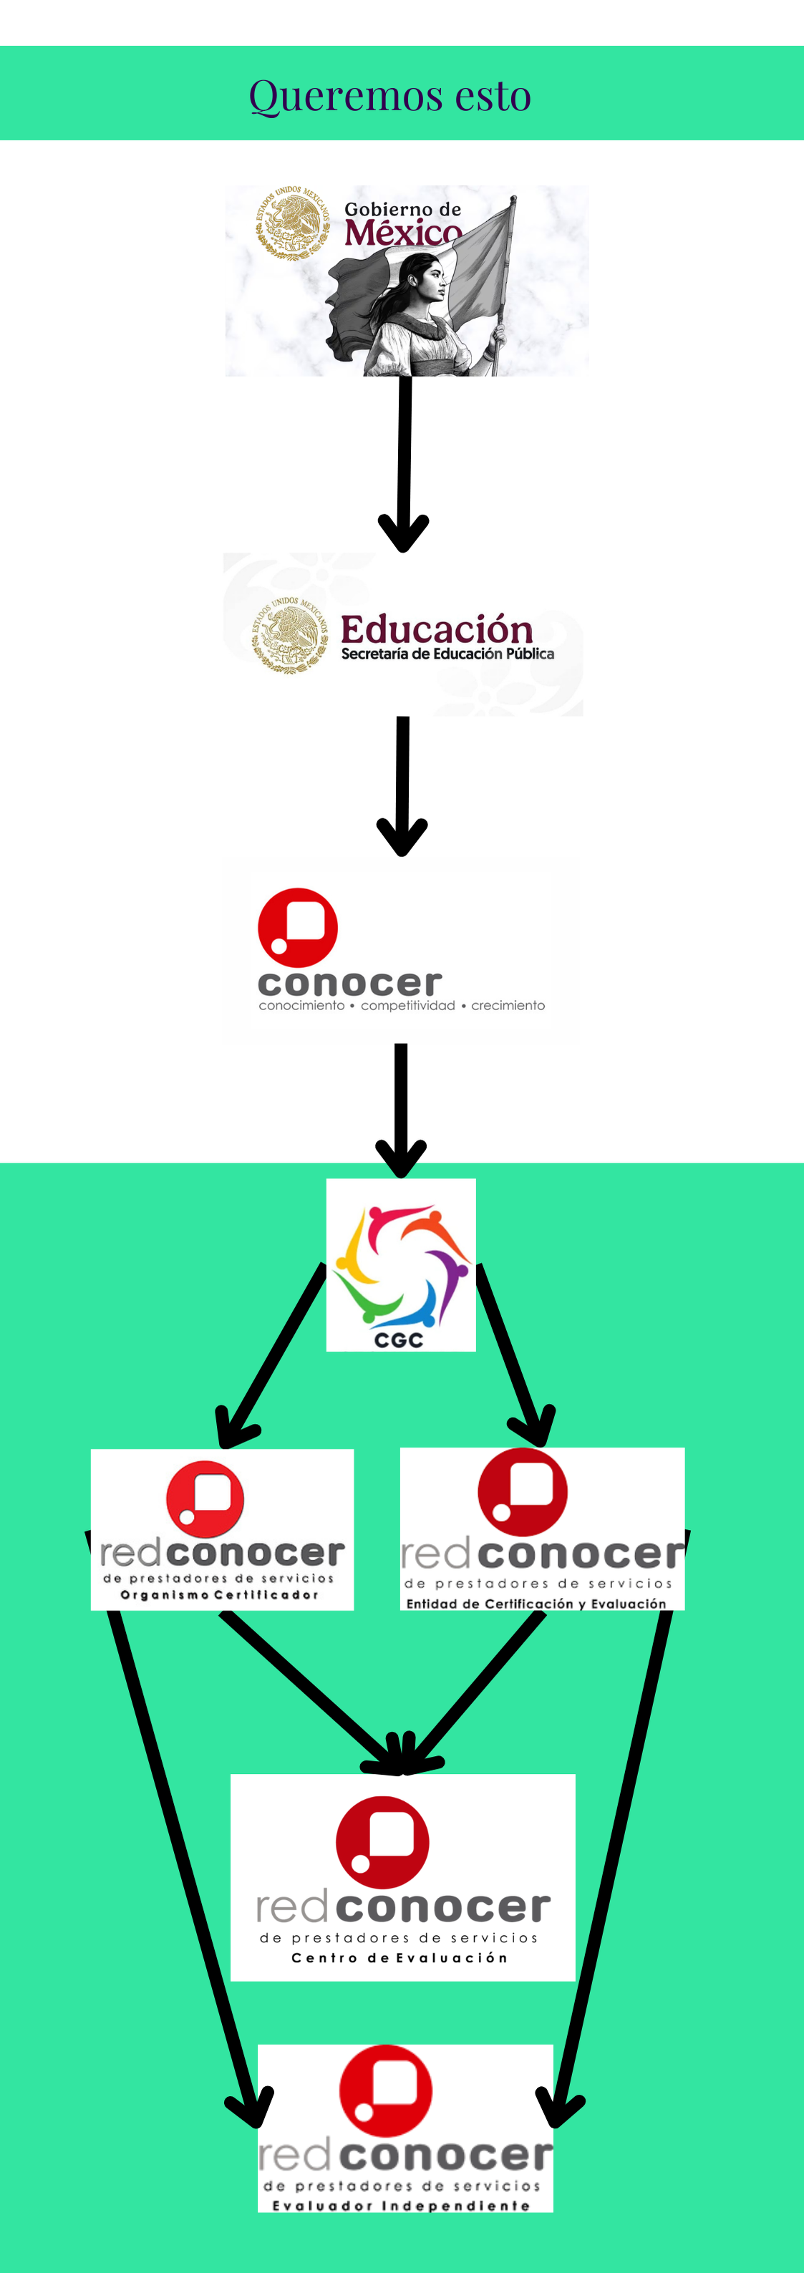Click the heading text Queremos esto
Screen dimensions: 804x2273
coord(389,95)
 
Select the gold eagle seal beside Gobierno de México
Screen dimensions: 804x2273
coord(291,223)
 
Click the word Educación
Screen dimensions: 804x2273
coord(437,629)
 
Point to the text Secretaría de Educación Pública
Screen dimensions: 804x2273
coord(447,654)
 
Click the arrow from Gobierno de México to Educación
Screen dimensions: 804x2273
coord(405,459)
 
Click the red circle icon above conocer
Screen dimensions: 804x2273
coord(297,927)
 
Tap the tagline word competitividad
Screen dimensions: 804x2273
coord(408,1005)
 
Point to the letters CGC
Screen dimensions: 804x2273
coord(399,1340)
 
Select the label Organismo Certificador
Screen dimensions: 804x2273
coord(219,1594)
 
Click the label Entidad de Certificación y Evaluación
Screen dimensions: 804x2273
coord(536,1604)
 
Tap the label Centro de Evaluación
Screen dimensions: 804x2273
coord(399,1957)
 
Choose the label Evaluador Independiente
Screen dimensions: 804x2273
coord(401,2205)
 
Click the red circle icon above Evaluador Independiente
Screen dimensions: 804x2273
coord(386,2090)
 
